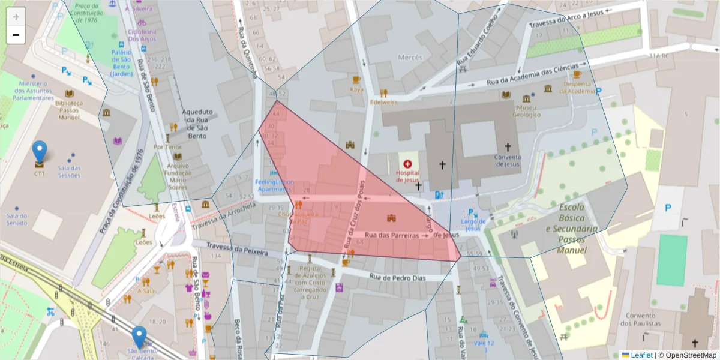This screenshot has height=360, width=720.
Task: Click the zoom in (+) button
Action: (x=16, y=17)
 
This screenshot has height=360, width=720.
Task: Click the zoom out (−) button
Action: (x=16, y=35)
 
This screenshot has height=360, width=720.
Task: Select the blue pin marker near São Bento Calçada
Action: (x=139, y=337)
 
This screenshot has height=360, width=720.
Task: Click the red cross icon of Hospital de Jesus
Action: (x=408, y=163)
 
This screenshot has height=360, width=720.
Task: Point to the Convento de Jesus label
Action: (x=508, y=161)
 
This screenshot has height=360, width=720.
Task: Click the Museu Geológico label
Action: (x=527, y=111)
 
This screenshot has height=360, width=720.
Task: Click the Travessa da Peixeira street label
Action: (x=236, y=249)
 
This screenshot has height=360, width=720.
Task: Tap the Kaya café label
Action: (x=356, y=89)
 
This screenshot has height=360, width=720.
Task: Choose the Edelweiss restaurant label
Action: (x=384, y=102)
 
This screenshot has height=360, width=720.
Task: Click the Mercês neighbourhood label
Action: (x=410, y=58)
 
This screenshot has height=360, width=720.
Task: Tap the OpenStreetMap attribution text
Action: (x=688, y=355)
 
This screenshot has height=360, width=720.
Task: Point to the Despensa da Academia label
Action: (x=577, y=88)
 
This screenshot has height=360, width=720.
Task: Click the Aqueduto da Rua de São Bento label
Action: (x=197, y=124)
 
